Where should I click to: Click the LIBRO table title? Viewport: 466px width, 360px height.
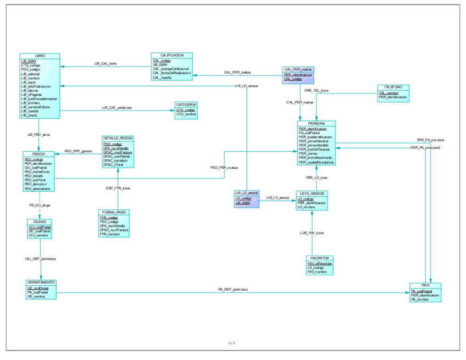point(40,56)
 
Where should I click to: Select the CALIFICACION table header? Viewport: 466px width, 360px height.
point(171,56)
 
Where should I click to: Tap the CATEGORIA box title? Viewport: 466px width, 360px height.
point(186,104)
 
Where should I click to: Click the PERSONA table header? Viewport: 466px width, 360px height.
point(317,124)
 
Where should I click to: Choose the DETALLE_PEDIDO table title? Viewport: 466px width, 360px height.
point(118,139)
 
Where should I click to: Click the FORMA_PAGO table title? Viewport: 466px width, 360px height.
point(114,212)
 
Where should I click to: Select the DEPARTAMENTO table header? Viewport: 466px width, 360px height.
point(41,283)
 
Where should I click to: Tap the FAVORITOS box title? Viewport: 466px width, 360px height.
point(320,258)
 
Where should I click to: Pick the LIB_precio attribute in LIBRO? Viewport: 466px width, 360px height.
point(30,115)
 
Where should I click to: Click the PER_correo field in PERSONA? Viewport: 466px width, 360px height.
point(308,154)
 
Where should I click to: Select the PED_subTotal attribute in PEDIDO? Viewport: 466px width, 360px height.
point(35,180)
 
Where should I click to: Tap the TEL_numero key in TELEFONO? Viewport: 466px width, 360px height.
point(389,93)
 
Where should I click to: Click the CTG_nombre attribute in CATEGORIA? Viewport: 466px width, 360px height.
point(186,114)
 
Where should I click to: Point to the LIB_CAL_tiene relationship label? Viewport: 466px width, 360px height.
point(106,64)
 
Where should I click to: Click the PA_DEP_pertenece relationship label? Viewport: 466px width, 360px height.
point(232,289)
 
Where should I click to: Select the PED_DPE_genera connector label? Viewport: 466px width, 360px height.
point(78,151)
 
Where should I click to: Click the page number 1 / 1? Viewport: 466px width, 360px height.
point(232,344)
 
